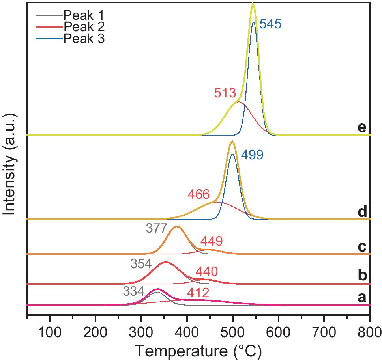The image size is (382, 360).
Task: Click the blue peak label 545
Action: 270,24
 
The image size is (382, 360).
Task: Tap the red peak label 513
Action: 225,93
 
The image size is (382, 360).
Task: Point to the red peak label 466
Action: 198,194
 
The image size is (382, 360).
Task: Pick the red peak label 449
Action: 212,241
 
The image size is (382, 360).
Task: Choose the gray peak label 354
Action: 141,263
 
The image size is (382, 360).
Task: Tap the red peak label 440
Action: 206,271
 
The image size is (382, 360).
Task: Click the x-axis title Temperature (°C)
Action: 198,349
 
